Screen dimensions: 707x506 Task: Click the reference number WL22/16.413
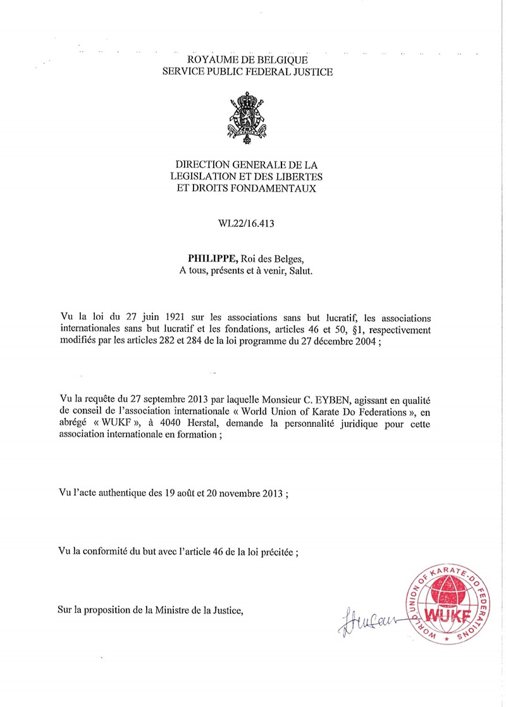247,223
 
